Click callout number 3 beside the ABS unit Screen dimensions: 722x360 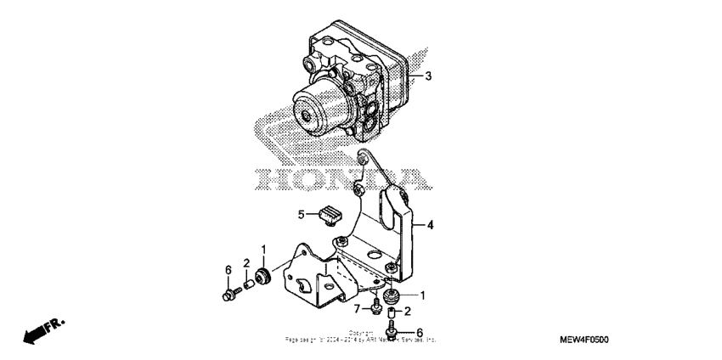[x=428, y=76]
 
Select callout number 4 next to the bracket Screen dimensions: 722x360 [x=430, y=226]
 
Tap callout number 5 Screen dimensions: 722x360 [x=301, y=214]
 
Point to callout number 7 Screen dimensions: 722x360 [x=358, y=307]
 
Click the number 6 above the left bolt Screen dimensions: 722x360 [x=228, y=269]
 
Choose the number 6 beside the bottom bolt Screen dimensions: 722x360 [x=419, y=332]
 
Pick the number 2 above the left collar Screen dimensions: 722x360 [x=246, y=262]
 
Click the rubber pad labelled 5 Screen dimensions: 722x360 [x=327, y=216]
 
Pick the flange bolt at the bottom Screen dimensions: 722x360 [x=392, y=332]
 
